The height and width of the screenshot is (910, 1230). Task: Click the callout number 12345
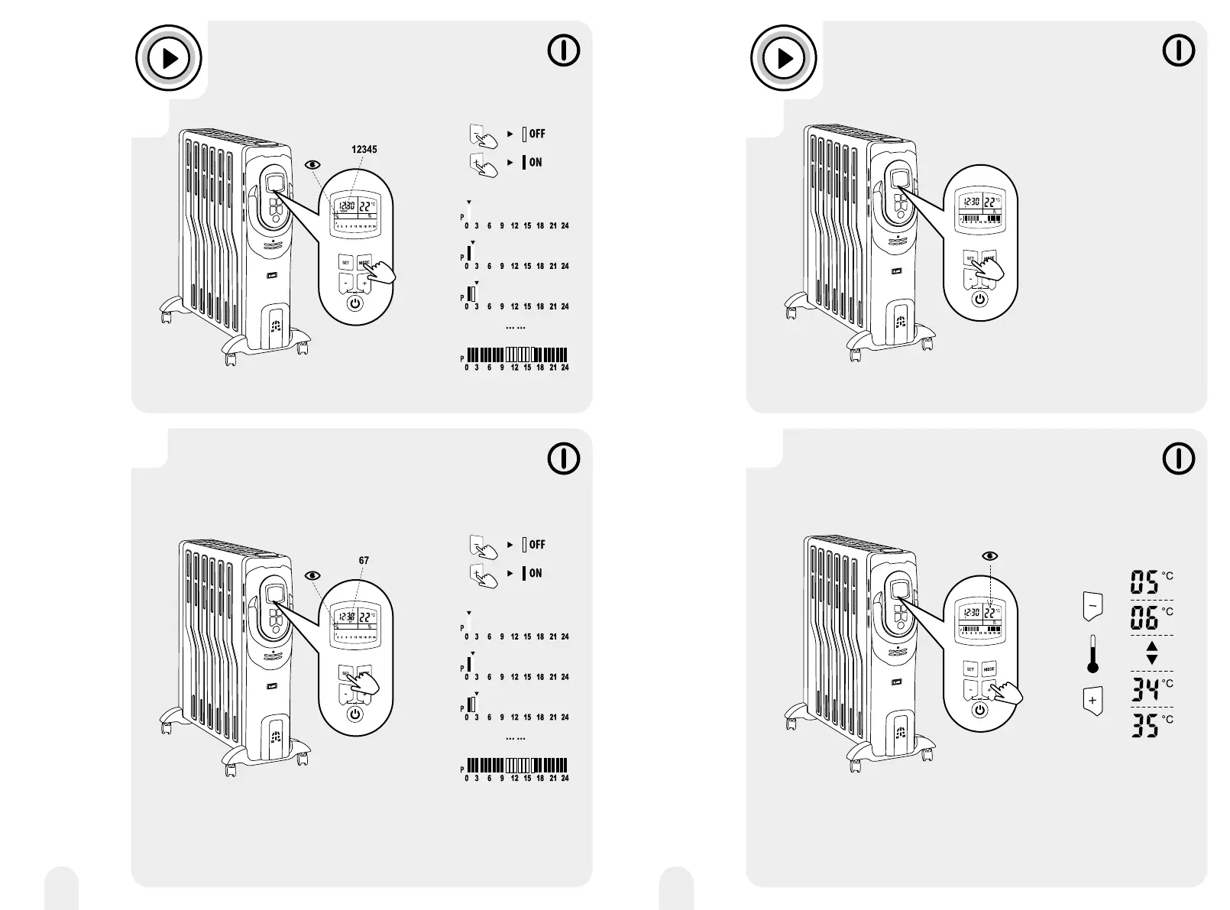pyautogui.click(x=364, y=150)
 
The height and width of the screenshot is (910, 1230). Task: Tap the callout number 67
pyautogui.click(x=364, y=560)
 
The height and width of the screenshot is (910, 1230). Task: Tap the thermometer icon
pyautogui.click(x=1092, y=654)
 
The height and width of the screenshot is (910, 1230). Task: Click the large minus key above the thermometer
pyautogui.click(x=1092, y=606)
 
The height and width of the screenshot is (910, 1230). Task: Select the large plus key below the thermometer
pyautogui.click(x=1092, y=701)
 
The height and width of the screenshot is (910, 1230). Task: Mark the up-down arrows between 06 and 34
pyautogui.click(x=1152, y=653)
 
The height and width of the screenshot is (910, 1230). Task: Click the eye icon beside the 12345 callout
pyautogui.click(x=312, y=164)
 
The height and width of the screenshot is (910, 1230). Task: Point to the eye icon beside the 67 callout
pyautogui.click(x=312, y=575)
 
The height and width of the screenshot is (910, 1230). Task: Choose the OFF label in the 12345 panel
pyautogui.click(x=537, y=134)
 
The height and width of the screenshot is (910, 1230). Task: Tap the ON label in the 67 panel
pyautogui.click(x=536, y=573)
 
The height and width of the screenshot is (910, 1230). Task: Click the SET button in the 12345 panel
pyautogui.click(x=345, y=263)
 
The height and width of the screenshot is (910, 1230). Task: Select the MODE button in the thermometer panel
pyautogui.click(x=989, y=669)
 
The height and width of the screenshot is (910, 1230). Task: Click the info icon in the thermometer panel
pyautogui.click(x=1179, y=458)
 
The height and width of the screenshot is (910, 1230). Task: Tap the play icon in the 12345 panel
pyautogui.click(x=169, y=58)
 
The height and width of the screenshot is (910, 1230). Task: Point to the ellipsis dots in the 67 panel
pyautogui.click(x=516, y=739)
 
